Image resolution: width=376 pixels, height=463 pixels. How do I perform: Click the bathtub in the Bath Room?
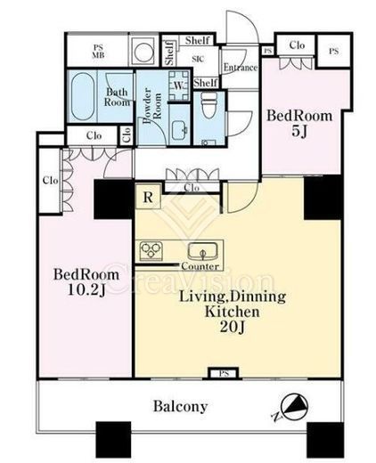(x=83, y=96)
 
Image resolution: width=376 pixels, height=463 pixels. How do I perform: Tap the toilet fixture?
(x=209, y=105)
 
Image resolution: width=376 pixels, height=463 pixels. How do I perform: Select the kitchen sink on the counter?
(x=202, y=252)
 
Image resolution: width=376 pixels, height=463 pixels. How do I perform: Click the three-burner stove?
(x=151, y=251)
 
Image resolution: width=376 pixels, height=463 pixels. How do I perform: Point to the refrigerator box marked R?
(x=148, y=197)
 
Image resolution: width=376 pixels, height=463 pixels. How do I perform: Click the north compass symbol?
(x=294, y=406)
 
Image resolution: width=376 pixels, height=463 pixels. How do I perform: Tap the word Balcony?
(x=180, y=406)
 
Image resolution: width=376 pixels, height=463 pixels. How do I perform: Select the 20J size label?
(x=233, y=327)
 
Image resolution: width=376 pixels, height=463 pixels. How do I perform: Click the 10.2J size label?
(x=86, y=290)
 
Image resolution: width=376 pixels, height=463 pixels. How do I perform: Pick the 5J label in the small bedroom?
(x=299, y=132)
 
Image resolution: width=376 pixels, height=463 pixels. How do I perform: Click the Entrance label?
(x=241, y=68)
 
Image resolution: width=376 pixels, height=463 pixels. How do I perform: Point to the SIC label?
(x=198, y=60)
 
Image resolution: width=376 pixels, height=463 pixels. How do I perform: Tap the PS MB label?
(x=98, y=52)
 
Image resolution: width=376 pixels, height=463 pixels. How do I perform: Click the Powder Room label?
(x=151, y=106)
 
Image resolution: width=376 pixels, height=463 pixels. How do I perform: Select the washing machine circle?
(x=143, y=53)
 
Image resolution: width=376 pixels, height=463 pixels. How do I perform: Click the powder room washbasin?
(x=179, y=130)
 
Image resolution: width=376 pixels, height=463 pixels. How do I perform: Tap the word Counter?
(x=200, y=266)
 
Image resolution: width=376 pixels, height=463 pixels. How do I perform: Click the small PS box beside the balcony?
(x=224, y=373)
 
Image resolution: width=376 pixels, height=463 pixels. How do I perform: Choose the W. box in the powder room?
(x=179, y=85)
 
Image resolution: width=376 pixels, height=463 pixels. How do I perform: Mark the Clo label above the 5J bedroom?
(x=297, y=45)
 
